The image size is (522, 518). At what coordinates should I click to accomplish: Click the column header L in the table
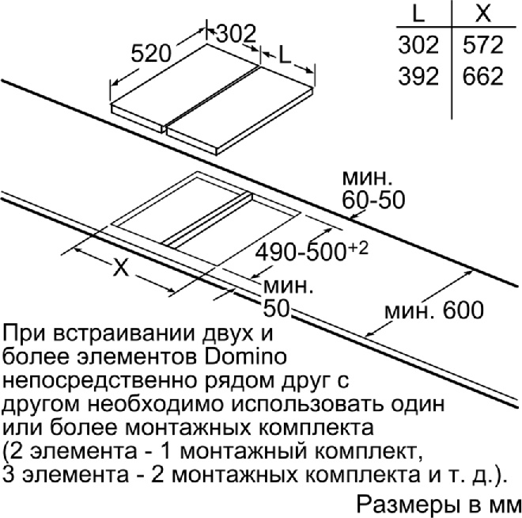(418, 13)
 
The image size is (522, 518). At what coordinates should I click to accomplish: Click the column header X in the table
(483, 13)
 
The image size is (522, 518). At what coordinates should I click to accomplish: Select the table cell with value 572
(482, 44)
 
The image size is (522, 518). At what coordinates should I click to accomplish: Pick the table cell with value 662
(482, 76)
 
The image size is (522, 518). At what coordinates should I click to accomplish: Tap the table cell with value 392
(418, 76)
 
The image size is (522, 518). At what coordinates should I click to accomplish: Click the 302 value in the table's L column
(418, 44)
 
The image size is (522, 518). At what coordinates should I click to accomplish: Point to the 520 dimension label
(151, 53)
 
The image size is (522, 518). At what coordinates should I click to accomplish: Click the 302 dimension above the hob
(236, 33)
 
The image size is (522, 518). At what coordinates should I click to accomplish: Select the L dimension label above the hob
(285, 55)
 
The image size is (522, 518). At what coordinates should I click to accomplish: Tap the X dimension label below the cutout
(121, 267)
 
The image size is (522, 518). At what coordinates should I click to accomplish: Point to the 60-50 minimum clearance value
(373, 200)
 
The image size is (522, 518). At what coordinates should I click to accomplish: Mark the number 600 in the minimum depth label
(463, 310)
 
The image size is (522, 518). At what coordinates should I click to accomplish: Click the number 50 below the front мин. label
(276, 308)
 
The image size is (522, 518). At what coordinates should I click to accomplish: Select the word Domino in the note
(245, 356)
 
